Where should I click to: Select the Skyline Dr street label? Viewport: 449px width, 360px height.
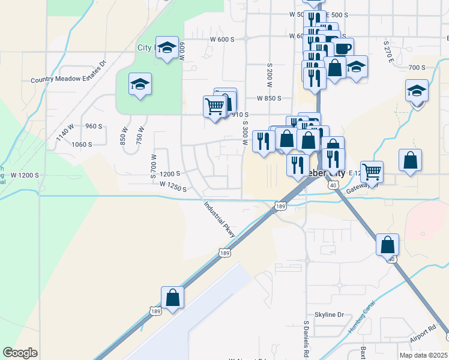coord(329,314)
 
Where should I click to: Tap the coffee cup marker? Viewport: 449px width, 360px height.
coord(343,49)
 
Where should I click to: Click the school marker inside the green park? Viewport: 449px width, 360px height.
coord(140,85)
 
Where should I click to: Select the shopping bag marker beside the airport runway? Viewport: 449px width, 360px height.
coord(172,297)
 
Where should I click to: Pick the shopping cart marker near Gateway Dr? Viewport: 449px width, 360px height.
coord(372,172)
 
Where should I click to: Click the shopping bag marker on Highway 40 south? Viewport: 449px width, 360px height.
coord(388,244)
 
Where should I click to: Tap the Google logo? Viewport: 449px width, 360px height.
coord(20,353)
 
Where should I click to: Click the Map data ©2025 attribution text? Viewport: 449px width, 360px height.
coord(425,355)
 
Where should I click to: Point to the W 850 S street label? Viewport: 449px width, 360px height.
coord(269,98)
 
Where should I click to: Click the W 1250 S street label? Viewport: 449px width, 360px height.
coord(173,188)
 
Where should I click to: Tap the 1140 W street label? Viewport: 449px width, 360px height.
coord(63,130)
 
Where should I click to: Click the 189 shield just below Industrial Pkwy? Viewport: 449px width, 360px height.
coord(224,253)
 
